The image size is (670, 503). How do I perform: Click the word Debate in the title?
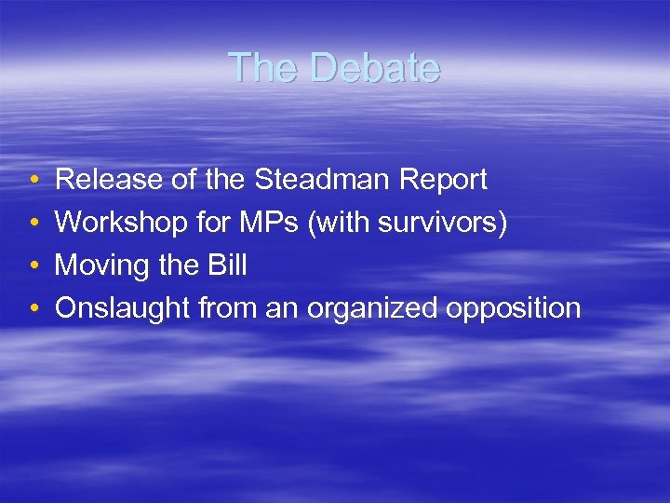375,68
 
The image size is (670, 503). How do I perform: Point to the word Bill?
226,265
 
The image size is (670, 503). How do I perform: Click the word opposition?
514,308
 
